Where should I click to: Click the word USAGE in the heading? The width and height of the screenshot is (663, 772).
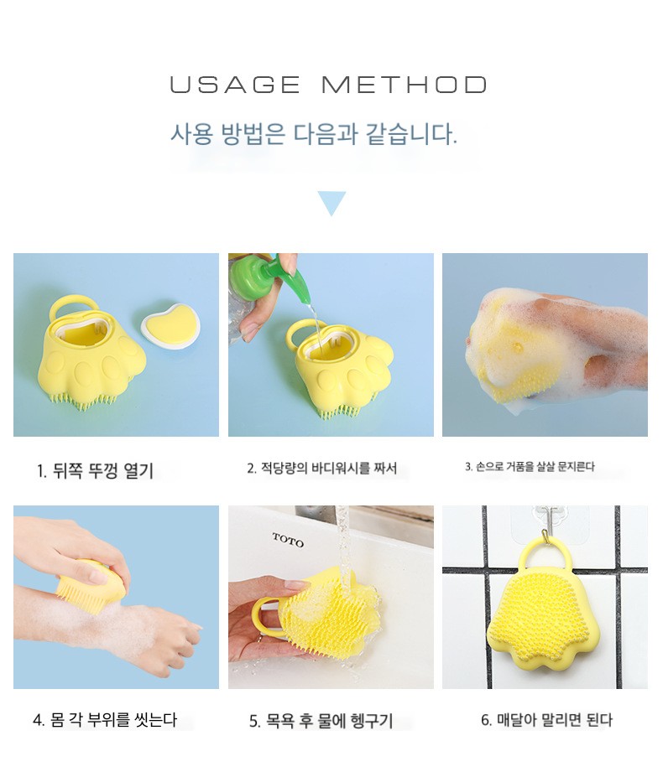pyautogui.click(x=235, y=85)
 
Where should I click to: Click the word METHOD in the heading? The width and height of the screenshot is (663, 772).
pyautogui.click(x=405, y=85)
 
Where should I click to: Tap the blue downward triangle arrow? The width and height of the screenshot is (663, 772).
pyautogui.click(x=331, y=203)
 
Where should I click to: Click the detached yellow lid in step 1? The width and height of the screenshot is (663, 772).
pyautogui.click(x=171, y=325)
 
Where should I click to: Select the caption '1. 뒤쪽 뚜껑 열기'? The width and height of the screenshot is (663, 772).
pyautogui.click(x=95, y=471)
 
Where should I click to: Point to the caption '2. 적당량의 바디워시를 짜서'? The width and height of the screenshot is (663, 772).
pyautogui.click(x=322, y=468)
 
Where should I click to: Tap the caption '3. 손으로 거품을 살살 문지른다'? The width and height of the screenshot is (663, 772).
pyautogui.click(x=530, y=466)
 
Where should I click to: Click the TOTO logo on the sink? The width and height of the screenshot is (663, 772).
pyautogui.click(x=289, y=540)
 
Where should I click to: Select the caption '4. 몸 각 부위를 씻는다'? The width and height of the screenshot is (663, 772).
pyautogui.click(x=105, y=720)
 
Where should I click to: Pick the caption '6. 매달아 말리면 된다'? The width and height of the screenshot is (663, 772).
pyautogui.click(x=546, y=720)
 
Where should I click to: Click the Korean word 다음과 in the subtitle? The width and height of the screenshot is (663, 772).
pyautogui.click(x=326, y=134)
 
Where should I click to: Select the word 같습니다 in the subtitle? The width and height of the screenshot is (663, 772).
pyautogui.click(x=411, y=134)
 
